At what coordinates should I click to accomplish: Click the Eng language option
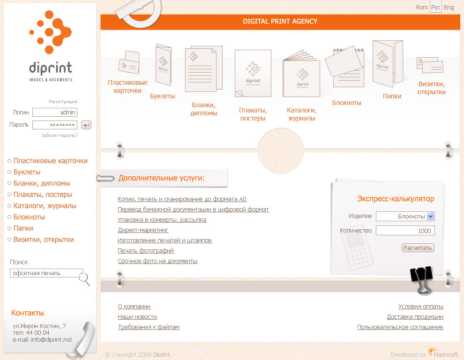(x=449, y=7)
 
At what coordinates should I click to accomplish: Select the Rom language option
(x=422, y=7)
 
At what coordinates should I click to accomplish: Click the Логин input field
(x=54, y=112)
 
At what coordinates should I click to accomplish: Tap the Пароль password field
(x=54, y=125)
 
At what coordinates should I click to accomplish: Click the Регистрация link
(x=63, y=102)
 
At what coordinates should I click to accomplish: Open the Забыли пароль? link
(x=60, y=135)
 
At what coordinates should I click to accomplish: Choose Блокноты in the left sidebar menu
(x=29, y=217)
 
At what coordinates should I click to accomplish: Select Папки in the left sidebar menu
(x=23, y=228)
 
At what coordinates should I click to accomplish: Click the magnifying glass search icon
(x=85, y=279)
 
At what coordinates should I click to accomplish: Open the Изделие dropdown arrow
(x=431, y=216)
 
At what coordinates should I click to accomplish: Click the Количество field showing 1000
(x=405, y=231)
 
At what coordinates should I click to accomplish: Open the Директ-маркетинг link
(x=143, y=230)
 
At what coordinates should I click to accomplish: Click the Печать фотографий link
(x=146, y=251)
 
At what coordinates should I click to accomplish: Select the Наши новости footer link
(x=137, y=317)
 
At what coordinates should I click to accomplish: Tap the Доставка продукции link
(x=415, y=317)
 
